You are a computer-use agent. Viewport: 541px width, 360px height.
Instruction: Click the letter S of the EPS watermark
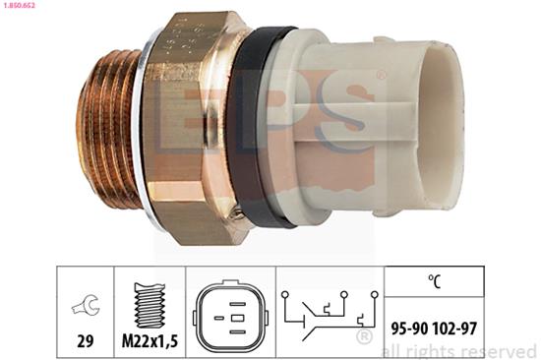(339, 138)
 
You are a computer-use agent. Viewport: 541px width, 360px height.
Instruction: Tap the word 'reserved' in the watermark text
(496, 351)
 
